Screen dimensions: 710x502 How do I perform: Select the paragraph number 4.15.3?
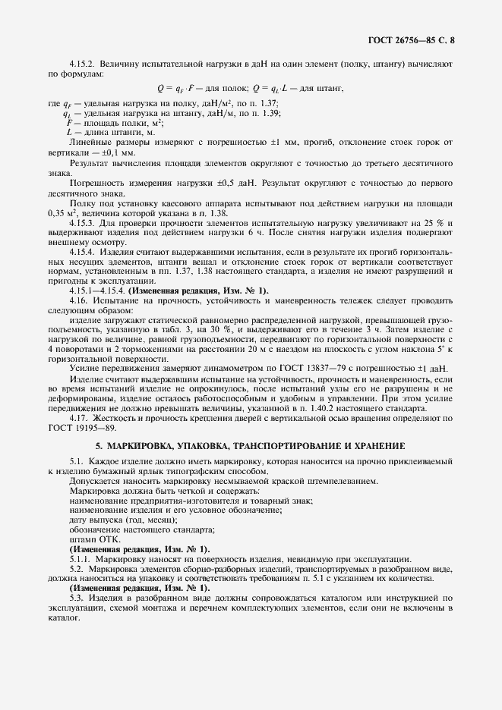coord(82,225)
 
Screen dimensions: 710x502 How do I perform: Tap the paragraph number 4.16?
coord(79,301)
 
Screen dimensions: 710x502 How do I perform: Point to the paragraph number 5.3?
coord(77,598)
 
